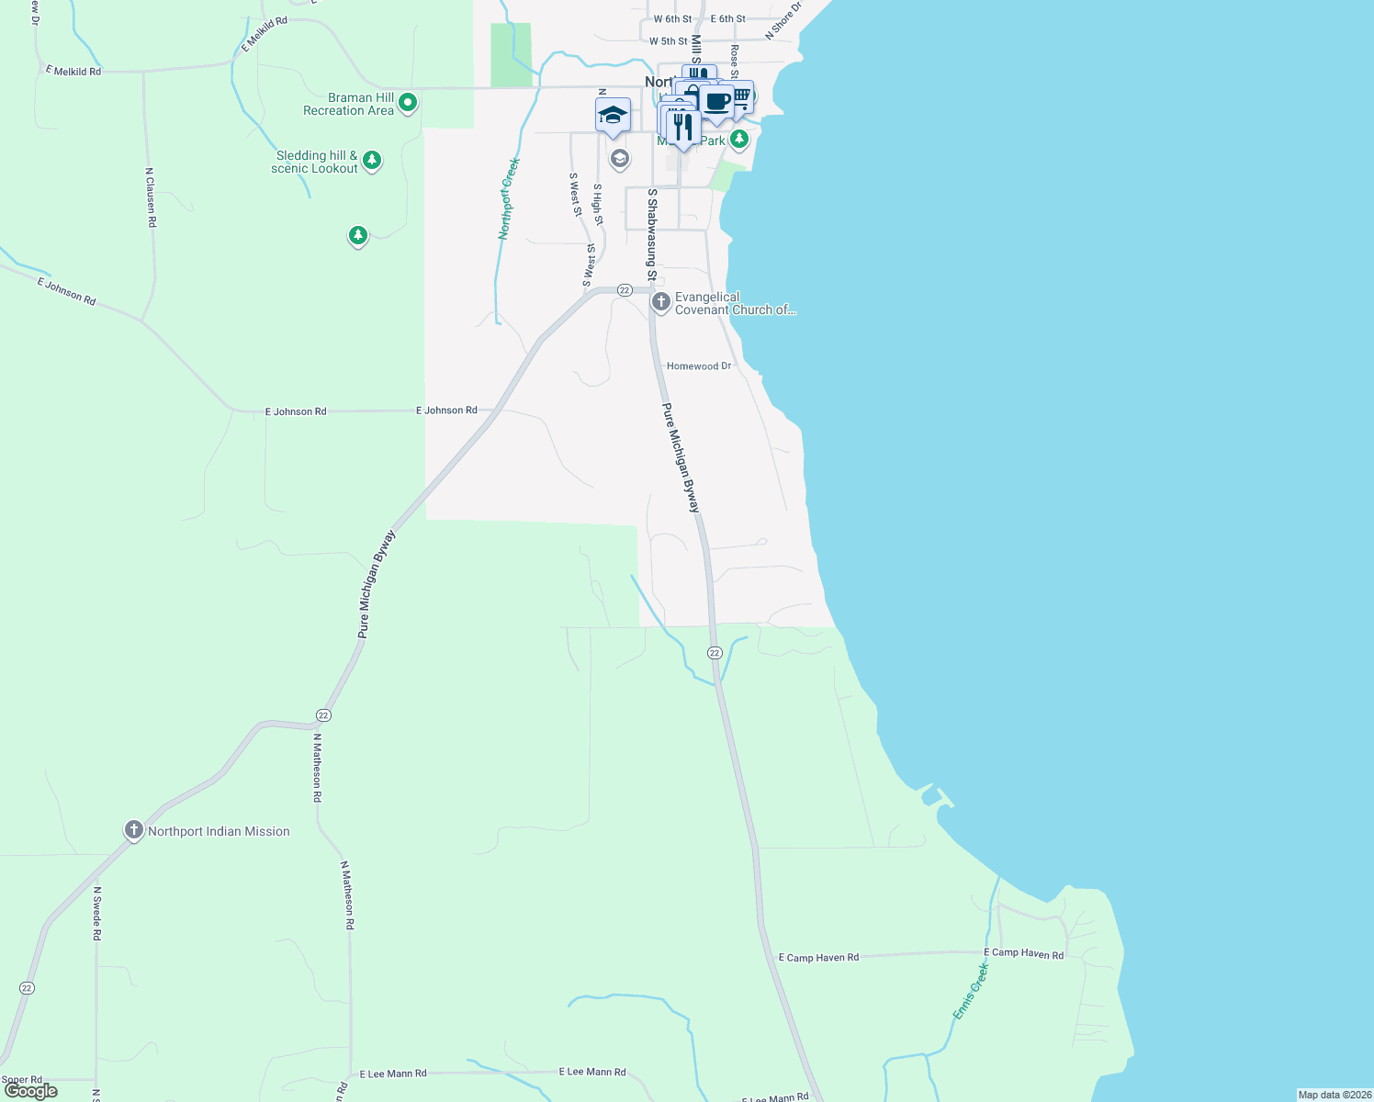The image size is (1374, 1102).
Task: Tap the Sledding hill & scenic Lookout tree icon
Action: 372,161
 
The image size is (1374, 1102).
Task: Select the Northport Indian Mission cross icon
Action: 134,831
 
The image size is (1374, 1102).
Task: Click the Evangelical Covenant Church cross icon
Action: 660,302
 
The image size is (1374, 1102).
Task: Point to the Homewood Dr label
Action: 699,366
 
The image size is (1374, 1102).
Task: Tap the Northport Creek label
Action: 510,198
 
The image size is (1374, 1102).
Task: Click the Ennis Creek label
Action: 971,990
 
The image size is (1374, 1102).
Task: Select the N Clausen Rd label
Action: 151,197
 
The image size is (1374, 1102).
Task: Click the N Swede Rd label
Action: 96,913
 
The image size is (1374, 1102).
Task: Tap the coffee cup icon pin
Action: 717,103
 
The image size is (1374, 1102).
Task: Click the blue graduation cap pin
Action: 613,116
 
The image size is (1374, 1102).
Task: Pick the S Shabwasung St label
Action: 651,234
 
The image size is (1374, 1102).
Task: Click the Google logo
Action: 31,1091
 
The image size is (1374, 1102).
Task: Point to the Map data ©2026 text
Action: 1335,1095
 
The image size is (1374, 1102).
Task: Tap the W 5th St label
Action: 668,41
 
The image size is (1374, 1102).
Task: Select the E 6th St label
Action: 728,18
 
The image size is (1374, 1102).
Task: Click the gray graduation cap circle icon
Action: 620,160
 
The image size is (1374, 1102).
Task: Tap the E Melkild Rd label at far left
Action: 73,71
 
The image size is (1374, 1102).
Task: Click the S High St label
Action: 598,204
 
